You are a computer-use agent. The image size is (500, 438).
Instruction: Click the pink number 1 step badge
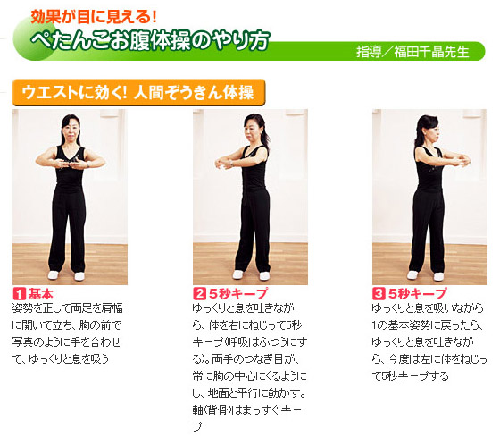point(19,294)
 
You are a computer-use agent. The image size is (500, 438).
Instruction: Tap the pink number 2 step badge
point(200,294)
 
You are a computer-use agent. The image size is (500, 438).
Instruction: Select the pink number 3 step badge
point(379,294)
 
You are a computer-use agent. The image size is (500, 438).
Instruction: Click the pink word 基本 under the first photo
point(41,294)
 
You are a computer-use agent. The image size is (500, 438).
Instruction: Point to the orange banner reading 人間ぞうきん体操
point(139,93)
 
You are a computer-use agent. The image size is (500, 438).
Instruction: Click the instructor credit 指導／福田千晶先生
point(412,52)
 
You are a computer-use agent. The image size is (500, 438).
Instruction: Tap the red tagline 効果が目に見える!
point(94,17)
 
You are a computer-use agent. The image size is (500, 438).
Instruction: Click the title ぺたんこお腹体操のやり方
point(151,40)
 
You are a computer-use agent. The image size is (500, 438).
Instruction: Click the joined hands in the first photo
point(71,164)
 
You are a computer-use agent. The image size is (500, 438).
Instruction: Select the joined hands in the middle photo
point(225,163)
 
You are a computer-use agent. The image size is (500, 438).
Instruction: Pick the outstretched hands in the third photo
point(462,161)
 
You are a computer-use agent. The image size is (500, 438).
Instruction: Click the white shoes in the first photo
point(66,275)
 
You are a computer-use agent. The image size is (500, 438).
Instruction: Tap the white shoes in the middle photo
point(251,275)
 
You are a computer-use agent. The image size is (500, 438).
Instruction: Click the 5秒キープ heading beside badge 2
point(238,294)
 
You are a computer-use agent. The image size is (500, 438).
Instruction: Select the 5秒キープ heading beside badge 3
point(418,294)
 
